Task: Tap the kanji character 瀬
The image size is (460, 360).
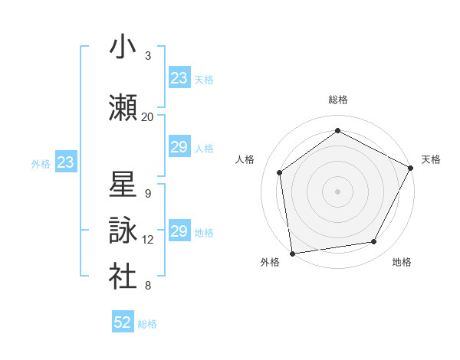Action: pos(123,108)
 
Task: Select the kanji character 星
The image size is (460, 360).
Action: pos(123,185)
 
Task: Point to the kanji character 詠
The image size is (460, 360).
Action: pos(123,231)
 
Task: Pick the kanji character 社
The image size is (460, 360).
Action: pos(123,277)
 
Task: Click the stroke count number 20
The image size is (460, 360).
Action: pos(148,117)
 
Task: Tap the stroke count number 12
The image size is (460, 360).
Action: pos(148,240)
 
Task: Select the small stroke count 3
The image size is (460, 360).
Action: pos(148,56)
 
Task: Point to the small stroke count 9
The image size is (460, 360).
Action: pos(148,194)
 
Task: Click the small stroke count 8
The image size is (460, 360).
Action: pos(148,286)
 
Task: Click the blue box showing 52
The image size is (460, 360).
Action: pos(123,322)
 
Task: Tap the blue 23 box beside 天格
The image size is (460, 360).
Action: pos(179,78)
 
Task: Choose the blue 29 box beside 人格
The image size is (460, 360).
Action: pos(179,147)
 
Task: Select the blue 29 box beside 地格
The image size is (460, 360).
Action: pos(179,231)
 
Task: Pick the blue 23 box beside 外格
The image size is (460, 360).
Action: pos(66,162)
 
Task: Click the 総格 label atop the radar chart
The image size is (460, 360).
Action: pos(338,100)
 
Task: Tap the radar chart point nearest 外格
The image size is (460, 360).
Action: pos(292,253)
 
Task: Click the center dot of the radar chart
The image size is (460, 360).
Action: pos(338,191)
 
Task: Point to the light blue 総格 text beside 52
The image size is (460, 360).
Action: pos(147,324)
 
